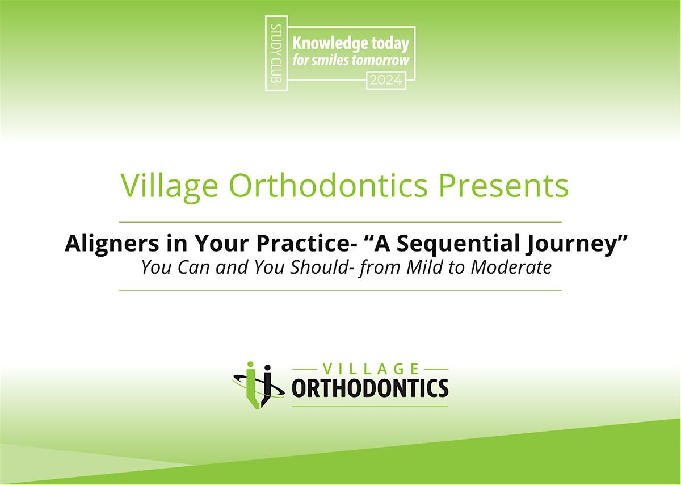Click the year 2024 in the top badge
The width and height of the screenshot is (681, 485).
point(386,81)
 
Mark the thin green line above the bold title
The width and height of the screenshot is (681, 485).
point(340,221)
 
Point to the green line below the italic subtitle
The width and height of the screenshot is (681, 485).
point(340,290)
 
